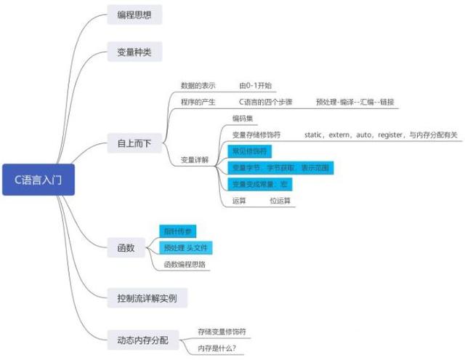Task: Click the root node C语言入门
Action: tap(39, 178)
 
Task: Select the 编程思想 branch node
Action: tap(134, 15)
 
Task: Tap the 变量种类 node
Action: tap(134, 52)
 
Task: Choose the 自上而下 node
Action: tap(134, 143)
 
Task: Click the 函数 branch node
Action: tap(126, 248)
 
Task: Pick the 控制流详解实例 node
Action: tap(147, 297)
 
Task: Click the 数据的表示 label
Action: tap(198, 86)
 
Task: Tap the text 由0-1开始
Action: tap(254, 86)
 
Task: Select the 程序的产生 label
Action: tap(198, 103)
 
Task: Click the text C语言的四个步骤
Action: tap(267, 103)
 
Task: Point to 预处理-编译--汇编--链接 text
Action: tap(355, 103)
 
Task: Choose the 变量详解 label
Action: tap(195, 159)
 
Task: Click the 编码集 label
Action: tap(243, 118)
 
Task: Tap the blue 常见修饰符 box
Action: tap(249, 151)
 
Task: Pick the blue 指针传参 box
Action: tap(177, 231)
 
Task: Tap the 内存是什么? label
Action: tap(217, 348)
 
